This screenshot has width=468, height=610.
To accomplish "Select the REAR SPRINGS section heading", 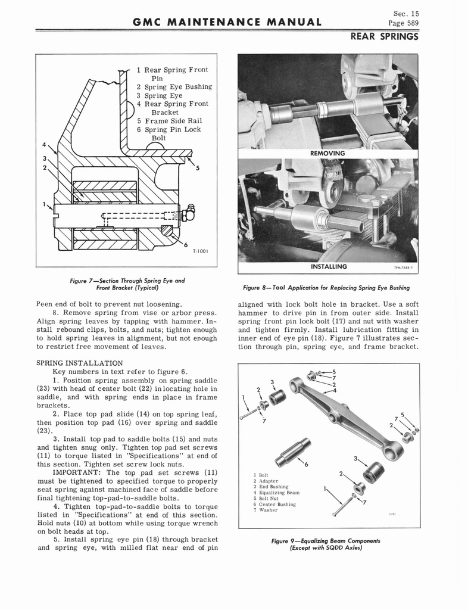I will click(x=385, y=37).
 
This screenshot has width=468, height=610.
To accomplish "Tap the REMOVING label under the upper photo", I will click(x=327, y=153).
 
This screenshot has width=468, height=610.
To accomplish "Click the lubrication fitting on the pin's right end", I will click(x=190, y=211).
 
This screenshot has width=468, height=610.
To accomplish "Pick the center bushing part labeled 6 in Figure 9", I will click(x=293, y=452).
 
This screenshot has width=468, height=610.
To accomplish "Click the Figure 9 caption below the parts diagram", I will click(x=326, y=544).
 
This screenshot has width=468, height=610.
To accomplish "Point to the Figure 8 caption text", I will click(x=327, y=288).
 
